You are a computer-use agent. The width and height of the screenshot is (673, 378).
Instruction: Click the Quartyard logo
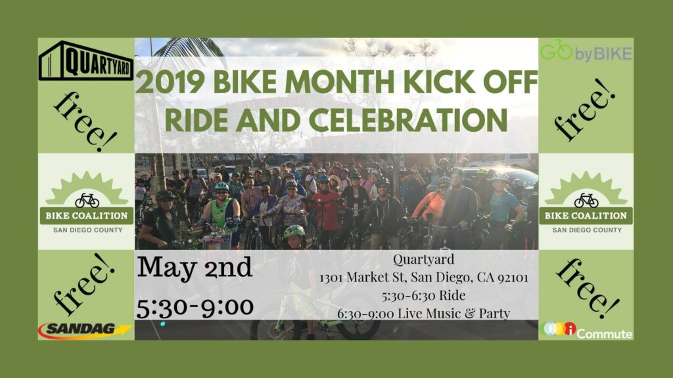[86, 60]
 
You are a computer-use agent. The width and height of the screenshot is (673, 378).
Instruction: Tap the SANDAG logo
[85, 331]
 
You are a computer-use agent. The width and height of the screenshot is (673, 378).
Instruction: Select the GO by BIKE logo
[586, 51]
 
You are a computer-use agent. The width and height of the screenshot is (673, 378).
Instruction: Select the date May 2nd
[195, 268]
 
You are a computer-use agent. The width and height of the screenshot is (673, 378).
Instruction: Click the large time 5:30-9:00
[195, 307]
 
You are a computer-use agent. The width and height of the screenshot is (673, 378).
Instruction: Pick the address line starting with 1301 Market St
[424, 278]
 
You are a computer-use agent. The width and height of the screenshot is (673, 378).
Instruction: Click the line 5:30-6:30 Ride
[424, 295]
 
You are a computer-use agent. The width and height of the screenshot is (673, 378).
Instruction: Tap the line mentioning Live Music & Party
[424, 313]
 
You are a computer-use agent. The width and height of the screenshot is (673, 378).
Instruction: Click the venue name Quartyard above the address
[424, 260]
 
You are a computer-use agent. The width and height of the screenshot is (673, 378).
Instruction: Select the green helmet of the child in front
[294, 232]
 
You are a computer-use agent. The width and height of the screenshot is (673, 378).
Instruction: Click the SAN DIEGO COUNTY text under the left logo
[87, 230]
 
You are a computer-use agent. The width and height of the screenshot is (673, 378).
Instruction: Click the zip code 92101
[513, 278]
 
